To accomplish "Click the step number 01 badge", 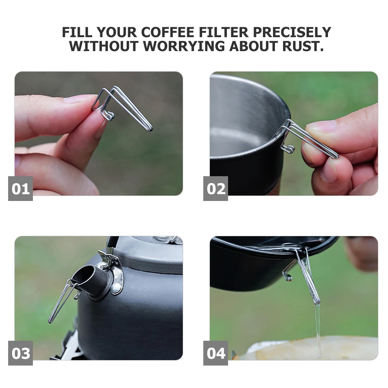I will pos(21,189).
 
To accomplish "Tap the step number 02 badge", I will pos(216,189).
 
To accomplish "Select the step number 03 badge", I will pos(21,353).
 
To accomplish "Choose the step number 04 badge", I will pos(216,353).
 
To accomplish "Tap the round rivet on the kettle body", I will pos(115,287).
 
